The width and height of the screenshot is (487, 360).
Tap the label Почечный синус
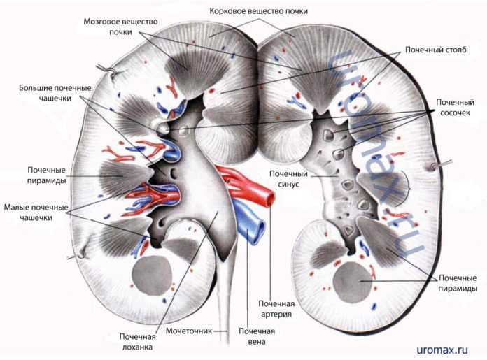(284, 178)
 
